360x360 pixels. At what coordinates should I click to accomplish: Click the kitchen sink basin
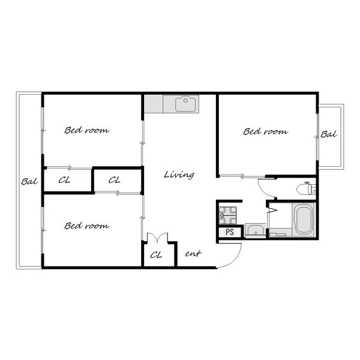click(x=185, y=104)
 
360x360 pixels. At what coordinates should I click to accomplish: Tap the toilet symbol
click(x=306, y=189)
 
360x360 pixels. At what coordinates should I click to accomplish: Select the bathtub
click(x=304, y=220)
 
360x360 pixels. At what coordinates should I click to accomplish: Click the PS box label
click(x=230, y=232)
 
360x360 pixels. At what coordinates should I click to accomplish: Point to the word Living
click(x=179, y=175)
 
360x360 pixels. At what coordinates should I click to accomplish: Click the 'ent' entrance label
click(x=193, y=253)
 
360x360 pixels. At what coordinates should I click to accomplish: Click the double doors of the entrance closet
click(x=157, y=238)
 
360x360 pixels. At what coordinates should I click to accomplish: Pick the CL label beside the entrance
click(x=156, y=255)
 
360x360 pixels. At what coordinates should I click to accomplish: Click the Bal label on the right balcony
click(x=329, y=134)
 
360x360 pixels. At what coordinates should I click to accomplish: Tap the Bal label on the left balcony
click(x=29, y=182)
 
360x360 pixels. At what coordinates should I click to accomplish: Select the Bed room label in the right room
click(x=265, y=131)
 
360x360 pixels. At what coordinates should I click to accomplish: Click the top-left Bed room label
click(x=87, y=130)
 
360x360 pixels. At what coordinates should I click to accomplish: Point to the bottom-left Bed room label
click(x=87, y=226)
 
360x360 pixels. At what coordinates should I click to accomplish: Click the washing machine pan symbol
click(x=227, y=215)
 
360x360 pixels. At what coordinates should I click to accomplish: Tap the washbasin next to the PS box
click(x=256, y=230)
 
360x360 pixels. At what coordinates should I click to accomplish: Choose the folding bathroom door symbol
click(x=272, y=209)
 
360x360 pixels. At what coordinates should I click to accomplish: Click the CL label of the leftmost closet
click(x=64, y=180)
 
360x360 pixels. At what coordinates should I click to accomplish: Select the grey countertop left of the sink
click(x=154, y=104)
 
